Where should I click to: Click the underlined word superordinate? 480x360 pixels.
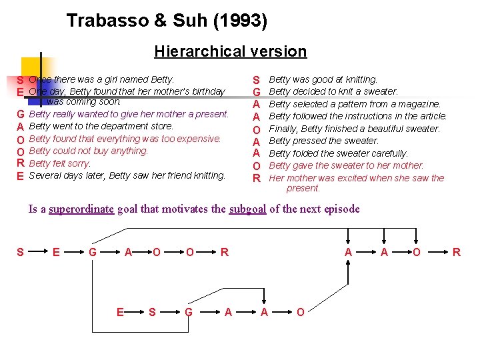point(81,209)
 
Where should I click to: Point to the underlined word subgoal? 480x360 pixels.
point(247,209)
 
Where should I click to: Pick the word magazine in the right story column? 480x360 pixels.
point(420,104)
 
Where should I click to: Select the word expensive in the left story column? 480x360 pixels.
point(199,139)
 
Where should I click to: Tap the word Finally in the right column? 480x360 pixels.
point(281,129)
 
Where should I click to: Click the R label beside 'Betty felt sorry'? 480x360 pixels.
point(21,164)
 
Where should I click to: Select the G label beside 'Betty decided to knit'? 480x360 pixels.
point(255,92)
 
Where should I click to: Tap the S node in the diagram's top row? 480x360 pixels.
point(20,252)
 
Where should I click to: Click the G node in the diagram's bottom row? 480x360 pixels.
point(189,312)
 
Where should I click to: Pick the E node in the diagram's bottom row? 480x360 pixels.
point(120,312)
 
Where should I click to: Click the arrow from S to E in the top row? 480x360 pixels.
point(38,252)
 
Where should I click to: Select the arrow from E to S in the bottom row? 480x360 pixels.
point(136,312)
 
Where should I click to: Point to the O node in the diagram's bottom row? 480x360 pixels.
point(300,312)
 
